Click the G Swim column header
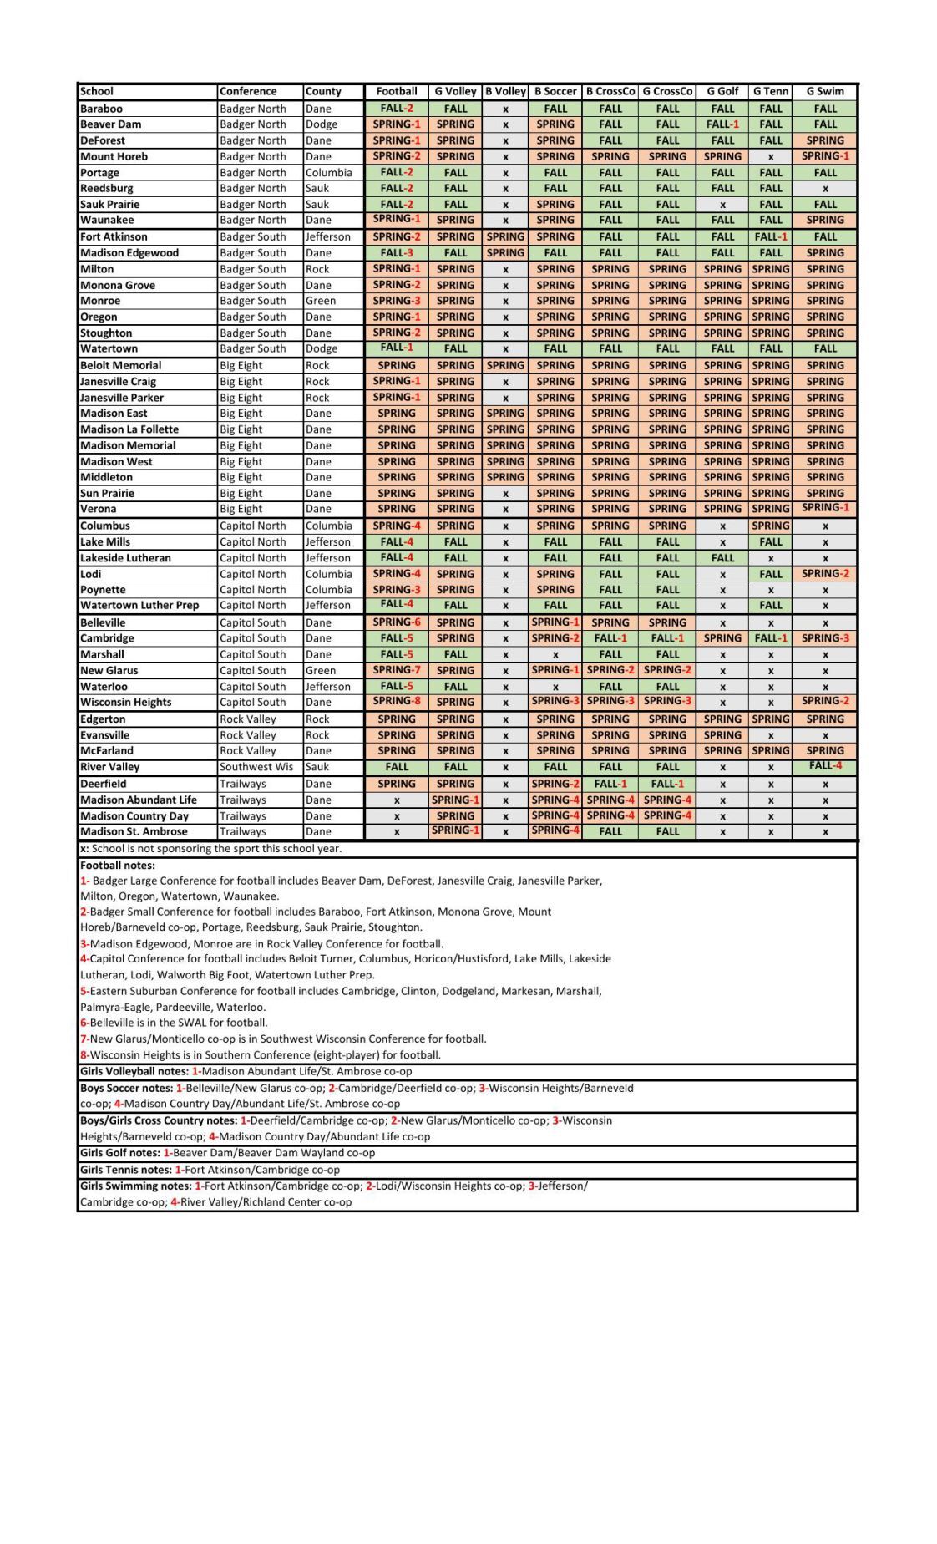pos(824,91)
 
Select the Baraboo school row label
pos(101,109)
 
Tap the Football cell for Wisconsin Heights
pos(396,701)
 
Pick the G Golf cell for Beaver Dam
pos(722,124)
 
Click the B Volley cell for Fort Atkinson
pos(505,236)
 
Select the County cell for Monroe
pos(321,301)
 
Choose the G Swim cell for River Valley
pos(824,765)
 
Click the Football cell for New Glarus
pos(396,669)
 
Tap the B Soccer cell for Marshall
pos(555,655)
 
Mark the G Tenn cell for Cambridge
pos(770,637)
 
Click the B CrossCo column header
pos(610,91)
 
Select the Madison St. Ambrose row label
pos(134,831)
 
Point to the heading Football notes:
pos(118,866)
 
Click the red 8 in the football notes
pos(84,1054)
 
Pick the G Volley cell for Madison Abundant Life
pos(455,800)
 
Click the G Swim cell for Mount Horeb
pos(824,156)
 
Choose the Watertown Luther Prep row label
pos(139,605)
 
